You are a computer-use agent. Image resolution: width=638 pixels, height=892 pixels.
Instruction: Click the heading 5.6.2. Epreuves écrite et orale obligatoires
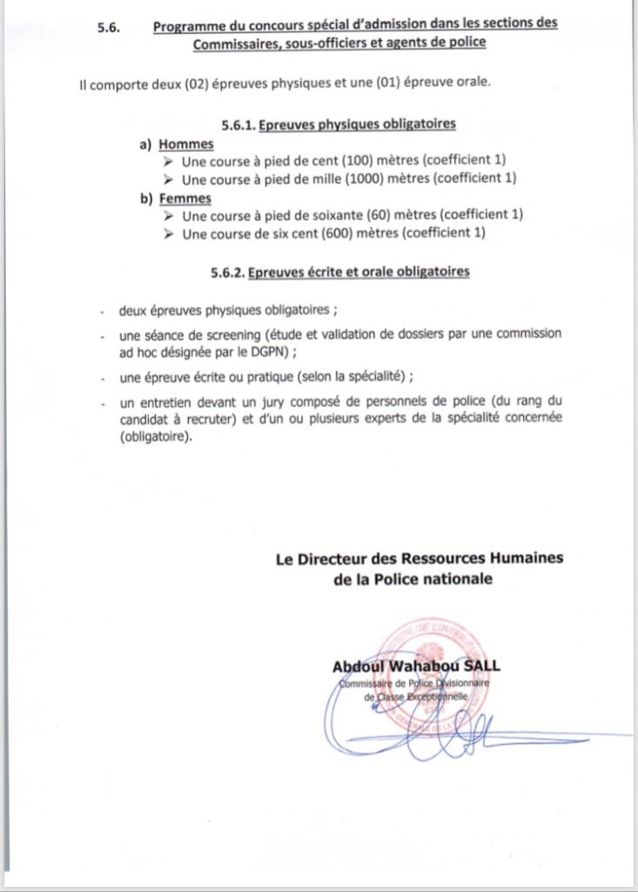click(x=339, y=273)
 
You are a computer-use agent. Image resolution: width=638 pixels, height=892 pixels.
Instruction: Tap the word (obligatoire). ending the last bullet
click(x=155, y=438)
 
